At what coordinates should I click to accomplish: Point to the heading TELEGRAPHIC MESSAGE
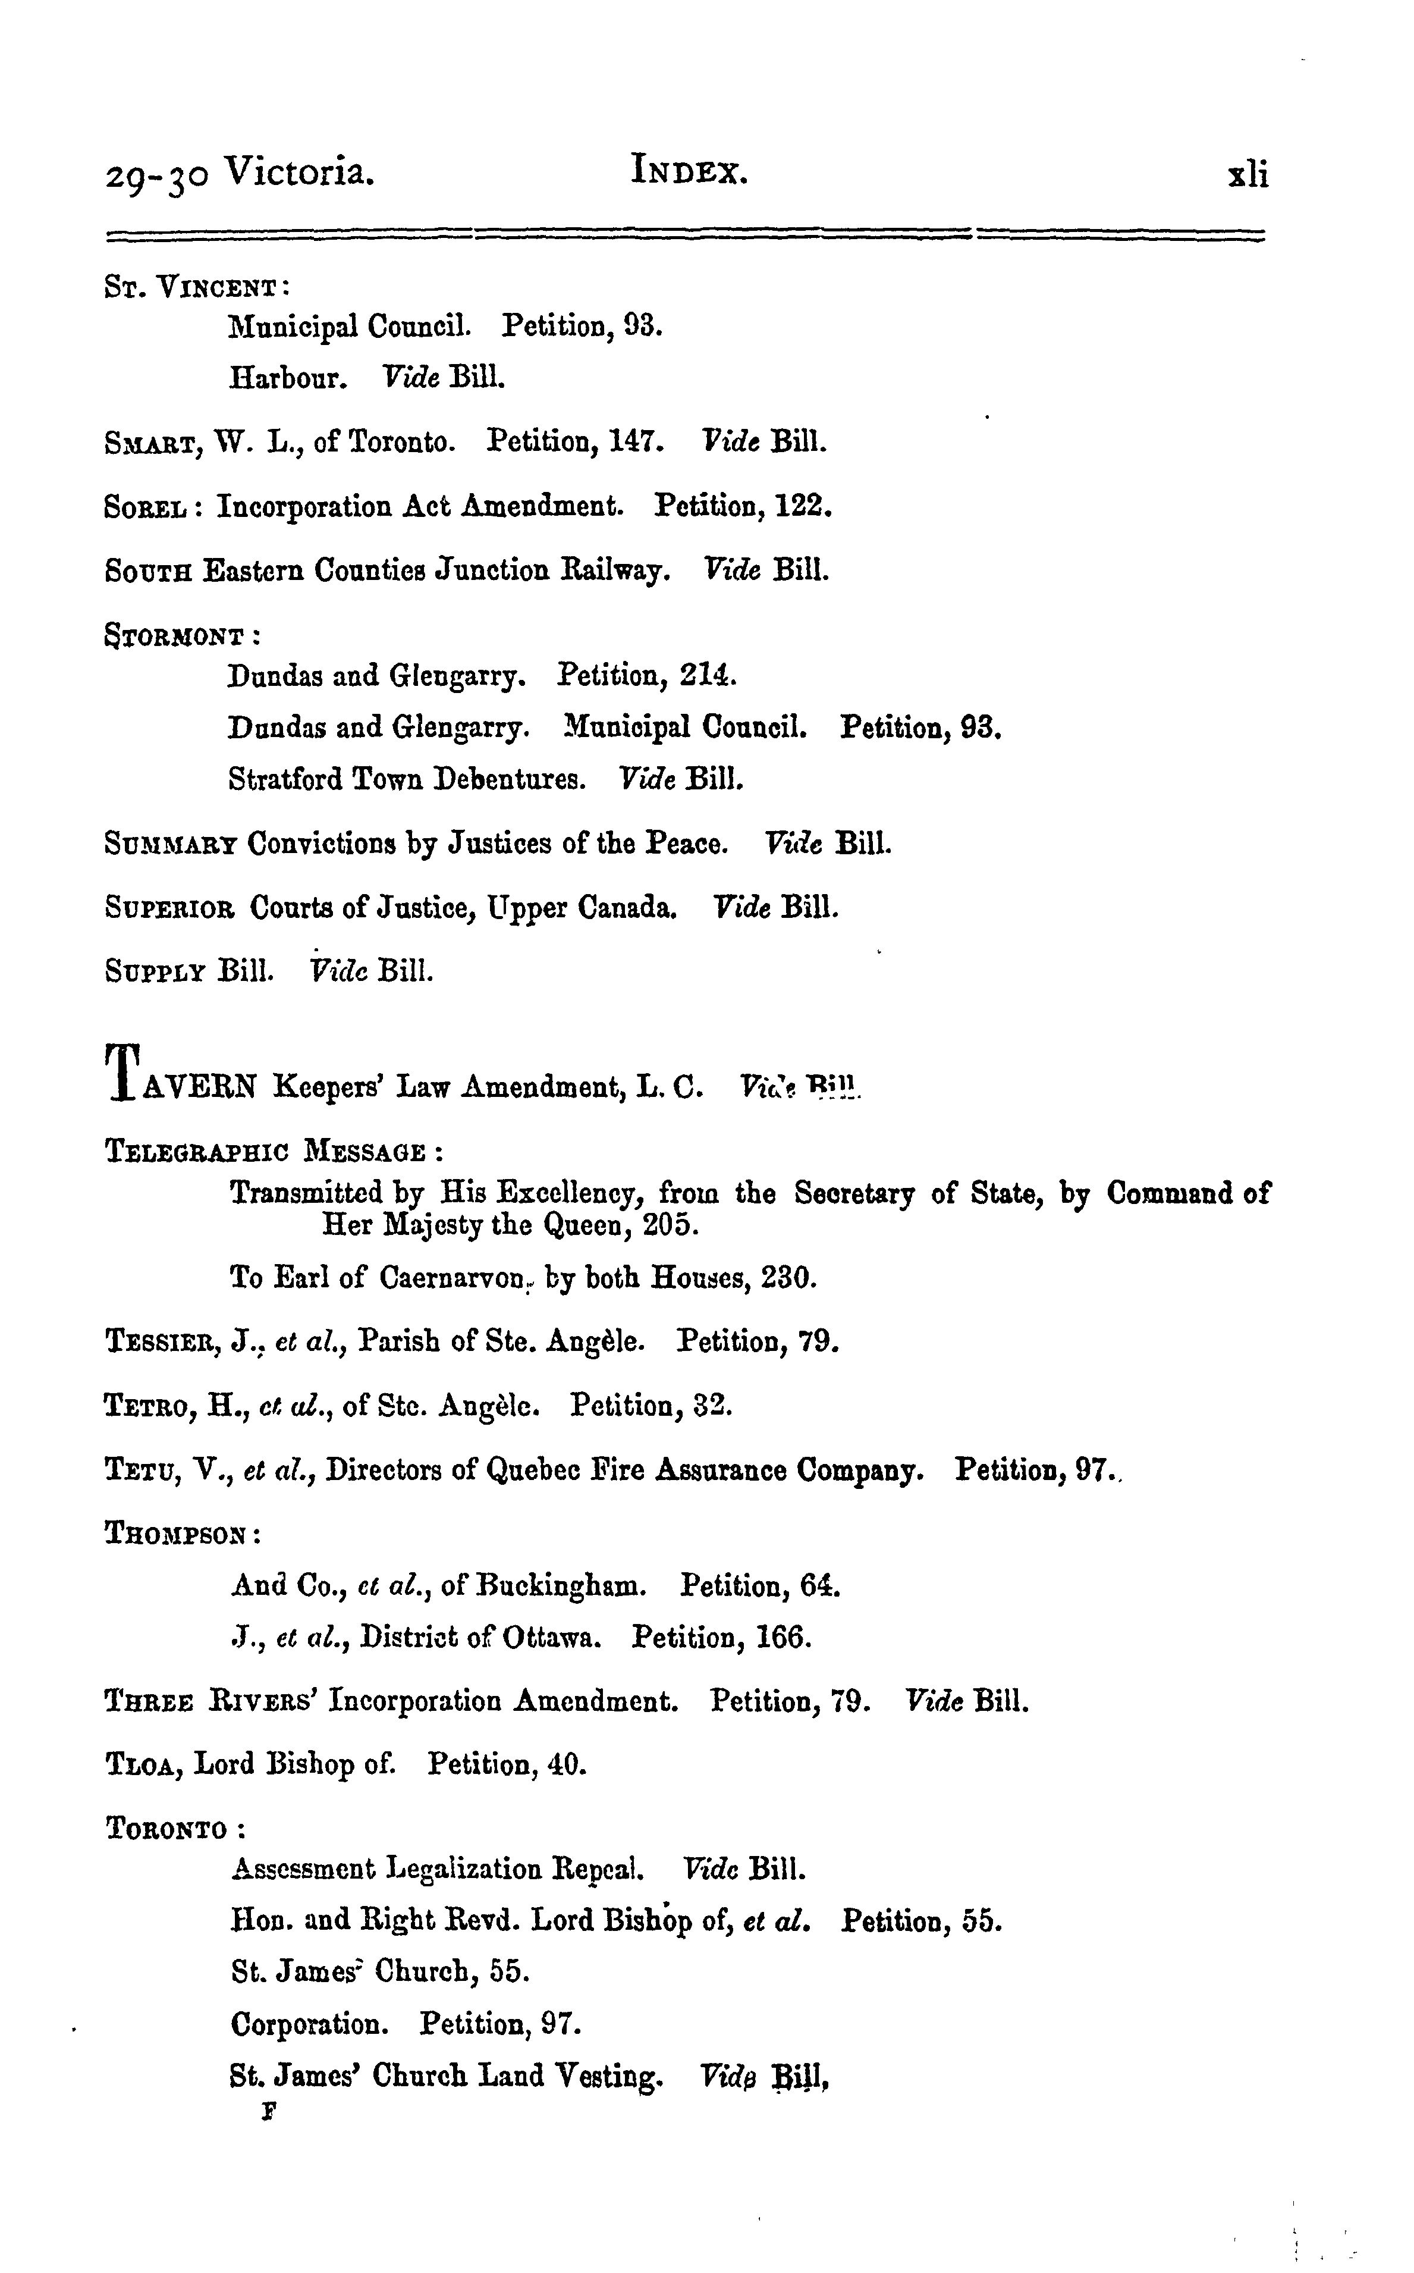coord(266,1152)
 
